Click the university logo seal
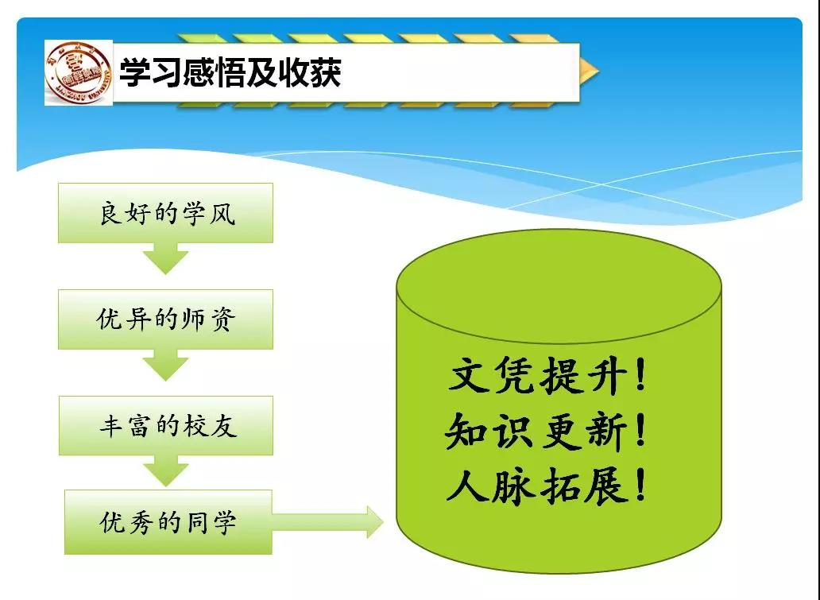tap(79, 72)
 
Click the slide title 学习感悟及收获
tap(230, 72)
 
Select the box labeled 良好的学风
tap(166, 213)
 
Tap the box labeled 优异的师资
tap(166, 319)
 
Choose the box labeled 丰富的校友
tap(166, 425)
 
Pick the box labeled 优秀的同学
tap(168, 522)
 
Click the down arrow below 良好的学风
tap(166, 258)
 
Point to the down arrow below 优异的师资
tap(166, 365)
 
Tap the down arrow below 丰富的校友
tap(166, 470)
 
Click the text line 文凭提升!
tap(547, 375)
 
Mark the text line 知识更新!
tap(546, 431)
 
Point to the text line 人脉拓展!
tap(547, 486)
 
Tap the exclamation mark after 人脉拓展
tap(641, 485)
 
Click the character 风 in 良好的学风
tap(222, 213)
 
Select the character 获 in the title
tap(325, 72)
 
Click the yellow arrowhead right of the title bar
tap(590, 72)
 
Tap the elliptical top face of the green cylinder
tap(559, 286)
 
